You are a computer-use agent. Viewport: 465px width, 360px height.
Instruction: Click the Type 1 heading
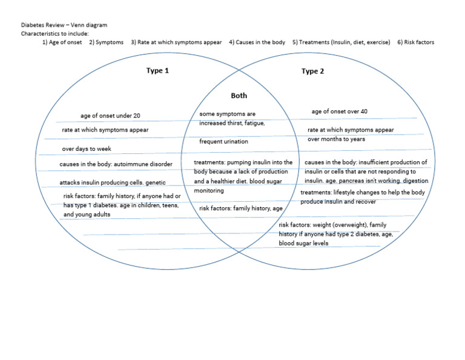coord(157,71)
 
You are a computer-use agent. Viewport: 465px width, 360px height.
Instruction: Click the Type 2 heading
coord(312,71)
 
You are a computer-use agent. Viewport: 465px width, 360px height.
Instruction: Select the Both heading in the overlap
coord(239,96)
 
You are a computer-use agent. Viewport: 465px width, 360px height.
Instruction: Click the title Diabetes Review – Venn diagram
coord(64,25)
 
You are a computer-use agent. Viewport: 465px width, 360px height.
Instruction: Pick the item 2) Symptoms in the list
coord(107,42)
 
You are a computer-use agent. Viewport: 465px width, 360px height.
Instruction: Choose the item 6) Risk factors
coord(415,42)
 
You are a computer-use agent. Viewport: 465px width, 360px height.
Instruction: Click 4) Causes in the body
coord(257,42)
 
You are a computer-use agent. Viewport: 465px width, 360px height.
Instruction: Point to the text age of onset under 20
coord(110,116)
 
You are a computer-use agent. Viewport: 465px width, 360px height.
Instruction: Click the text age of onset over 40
coord(339,112)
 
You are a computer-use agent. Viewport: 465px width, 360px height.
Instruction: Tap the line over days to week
coord(87,148)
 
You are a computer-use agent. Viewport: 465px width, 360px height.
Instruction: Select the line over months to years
coord(336,139)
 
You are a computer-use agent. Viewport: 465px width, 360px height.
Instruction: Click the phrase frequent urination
coord(223,141)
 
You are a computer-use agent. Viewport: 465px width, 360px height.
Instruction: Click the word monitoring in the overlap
coord(209,191)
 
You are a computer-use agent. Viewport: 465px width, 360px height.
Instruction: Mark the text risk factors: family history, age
coord(241,208)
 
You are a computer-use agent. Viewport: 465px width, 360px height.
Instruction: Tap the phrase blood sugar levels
coord(303,243)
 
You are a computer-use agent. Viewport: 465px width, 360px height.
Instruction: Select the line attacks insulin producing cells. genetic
coord(112,182)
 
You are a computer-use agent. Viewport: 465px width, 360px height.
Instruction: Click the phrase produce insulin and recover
coord(338,202)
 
